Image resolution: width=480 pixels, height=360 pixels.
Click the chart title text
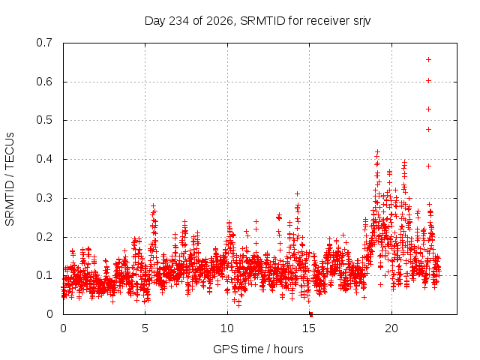(x=257, y=21)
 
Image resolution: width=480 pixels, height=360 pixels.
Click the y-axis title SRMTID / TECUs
(x=10, y=179)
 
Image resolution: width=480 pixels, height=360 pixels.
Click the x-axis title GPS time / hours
(x=258, y=349)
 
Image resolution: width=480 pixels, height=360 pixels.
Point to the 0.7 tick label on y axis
(x=44, y=43)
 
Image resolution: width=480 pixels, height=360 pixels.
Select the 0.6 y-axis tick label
(x=44, y=82)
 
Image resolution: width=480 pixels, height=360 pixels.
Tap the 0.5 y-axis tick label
(x=44, y=120)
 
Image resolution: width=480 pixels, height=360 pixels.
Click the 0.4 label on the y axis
(x=44, y=159)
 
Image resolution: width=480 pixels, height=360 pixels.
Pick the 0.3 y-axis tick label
(x=44, y=198)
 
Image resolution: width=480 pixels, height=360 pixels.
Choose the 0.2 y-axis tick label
(x=44, y=237)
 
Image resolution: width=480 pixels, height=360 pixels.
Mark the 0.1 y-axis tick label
(x=44, y=275)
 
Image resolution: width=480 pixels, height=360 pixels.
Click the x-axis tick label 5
(x=145, y=328)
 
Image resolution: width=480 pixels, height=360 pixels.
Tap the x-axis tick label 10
(x=227, y=328)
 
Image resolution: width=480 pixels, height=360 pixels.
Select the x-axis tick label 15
(x=309, y=328)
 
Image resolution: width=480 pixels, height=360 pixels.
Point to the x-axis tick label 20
(x=391, y=328)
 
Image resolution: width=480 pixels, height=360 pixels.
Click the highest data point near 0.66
(x=428, y=60)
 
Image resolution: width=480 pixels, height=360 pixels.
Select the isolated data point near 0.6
(x=428, y=81)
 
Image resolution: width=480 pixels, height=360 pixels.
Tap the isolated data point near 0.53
(x=428, y=109)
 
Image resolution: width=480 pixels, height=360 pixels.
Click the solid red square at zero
(x=311, y=314)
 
